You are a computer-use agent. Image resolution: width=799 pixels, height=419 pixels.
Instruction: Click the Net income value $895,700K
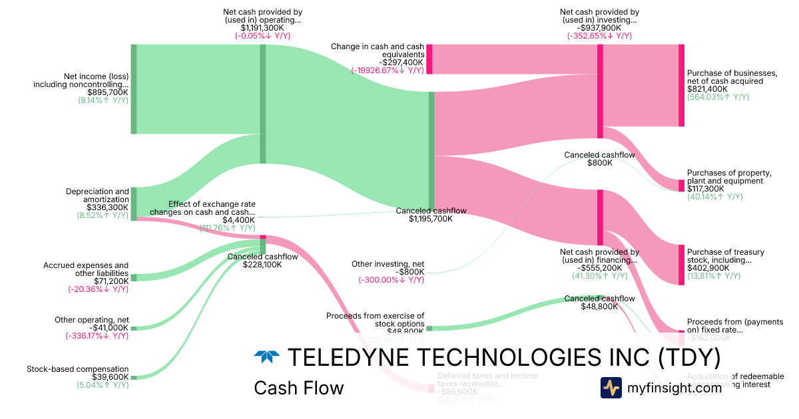[110, 92]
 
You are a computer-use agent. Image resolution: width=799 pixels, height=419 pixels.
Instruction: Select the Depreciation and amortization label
[97, 196]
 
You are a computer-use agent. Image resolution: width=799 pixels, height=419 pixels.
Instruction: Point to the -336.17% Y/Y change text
[97, 336]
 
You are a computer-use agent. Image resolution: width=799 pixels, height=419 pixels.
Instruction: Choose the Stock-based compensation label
[77, 368]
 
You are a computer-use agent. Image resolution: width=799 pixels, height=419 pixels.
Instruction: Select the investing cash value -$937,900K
[599, 29]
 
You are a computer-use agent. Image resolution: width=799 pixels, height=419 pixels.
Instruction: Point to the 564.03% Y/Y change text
[718, 97]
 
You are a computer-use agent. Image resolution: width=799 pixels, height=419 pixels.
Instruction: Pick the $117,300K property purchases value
[707, 189]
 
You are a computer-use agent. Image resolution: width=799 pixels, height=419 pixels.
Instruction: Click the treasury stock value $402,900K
[708, 268]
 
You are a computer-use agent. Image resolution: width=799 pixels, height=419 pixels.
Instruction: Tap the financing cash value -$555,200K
[599, 267]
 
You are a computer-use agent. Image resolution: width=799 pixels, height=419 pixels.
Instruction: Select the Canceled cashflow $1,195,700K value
[431, 219]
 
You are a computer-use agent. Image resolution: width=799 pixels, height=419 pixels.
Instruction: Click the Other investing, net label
[388, 264]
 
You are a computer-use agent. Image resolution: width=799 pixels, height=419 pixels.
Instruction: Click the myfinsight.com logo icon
[611, 388]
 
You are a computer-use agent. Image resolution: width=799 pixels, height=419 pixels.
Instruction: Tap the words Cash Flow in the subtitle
[298, 388]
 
